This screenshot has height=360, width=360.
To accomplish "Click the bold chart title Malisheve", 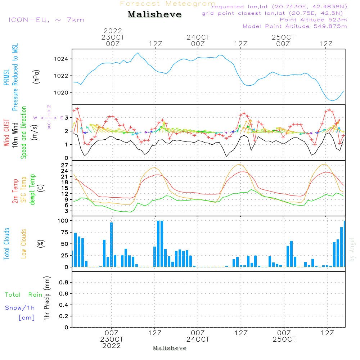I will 154,15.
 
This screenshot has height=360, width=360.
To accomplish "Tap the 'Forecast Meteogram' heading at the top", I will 168,4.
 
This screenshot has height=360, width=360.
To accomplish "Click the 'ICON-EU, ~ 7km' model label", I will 46,20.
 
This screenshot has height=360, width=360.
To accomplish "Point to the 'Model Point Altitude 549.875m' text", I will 295,26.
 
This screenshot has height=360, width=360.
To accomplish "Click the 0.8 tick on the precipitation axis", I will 63,283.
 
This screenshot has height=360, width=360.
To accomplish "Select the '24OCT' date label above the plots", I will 198,37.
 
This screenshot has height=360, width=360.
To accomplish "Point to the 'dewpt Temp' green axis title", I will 32,189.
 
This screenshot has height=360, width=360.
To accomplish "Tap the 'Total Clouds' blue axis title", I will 7,244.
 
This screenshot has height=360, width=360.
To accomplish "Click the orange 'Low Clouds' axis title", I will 24,243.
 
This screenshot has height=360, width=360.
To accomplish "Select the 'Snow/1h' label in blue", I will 20,308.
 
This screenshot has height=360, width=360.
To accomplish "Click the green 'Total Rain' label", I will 23,295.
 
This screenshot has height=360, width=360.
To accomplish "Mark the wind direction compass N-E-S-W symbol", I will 49,117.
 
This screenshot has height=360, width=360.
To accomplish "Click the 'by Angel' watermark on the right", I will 352,249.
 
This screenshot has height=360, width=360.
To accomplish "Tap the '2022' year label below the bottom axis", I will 112,346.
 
